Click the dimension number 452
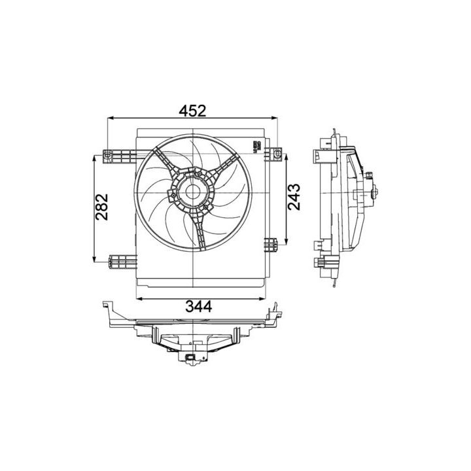(193, 111)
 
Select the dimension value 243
(294, 197)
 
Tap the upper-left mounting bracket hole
(108, 156)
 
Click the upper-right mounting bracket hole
(277, 155)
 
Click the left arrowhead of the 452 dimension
(110, 118)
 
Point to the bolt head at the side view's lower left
(319, 264)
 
